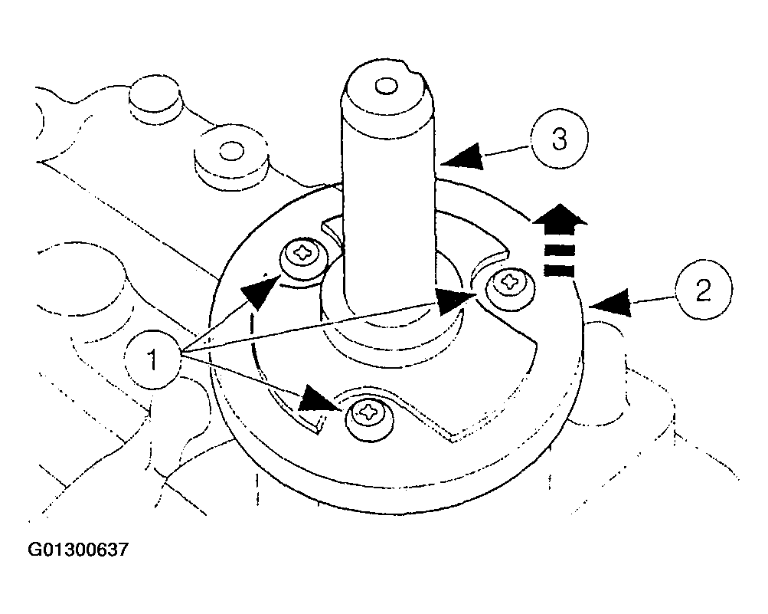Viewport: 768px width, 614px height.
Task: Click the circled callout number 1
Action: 152,359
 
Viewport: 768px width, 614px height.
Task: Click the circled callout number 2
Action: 704,292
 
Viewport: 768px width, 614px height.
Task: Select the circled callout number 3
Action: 560,139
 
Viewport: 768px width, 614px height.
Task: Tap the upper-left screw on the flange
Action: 305,258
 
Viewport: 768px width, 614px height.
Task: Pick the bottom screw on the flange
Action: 370,417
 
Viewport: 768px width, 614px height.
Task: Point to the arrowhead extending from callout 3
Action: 462,157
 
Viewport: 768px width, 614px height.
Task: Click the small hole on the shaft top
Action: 386,87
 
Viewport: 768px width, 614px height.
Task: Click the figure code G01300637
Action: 78,549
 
